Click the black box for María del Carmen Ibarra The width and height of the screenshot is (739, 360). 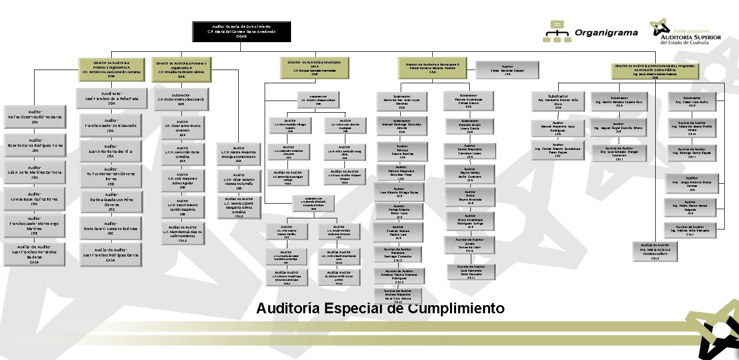coord(242,31)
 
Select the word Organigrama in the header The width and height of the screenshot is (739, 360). coord(606,33)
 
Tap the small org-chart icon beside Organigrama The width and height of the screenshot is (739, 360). coord(557,32)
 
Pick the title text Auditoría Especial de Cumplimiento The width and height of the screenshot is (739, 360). coord(380,308)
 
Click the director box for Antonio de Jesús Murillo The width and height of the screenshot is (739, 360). coord(111,69)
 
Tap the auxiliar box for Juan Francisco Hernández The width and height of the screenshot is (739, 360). coord(35,254)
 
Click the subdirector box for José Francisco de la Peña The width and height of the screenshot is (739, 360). coord(111,99)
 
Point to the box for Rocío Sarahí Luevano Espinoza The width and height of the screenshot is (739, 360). coord(111,226)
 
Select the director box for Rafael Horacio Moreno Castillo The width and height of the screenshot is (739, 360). coord(432,69)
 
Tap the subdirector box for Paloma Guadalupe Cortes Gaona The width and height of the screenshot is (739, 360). coord(468,101)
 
